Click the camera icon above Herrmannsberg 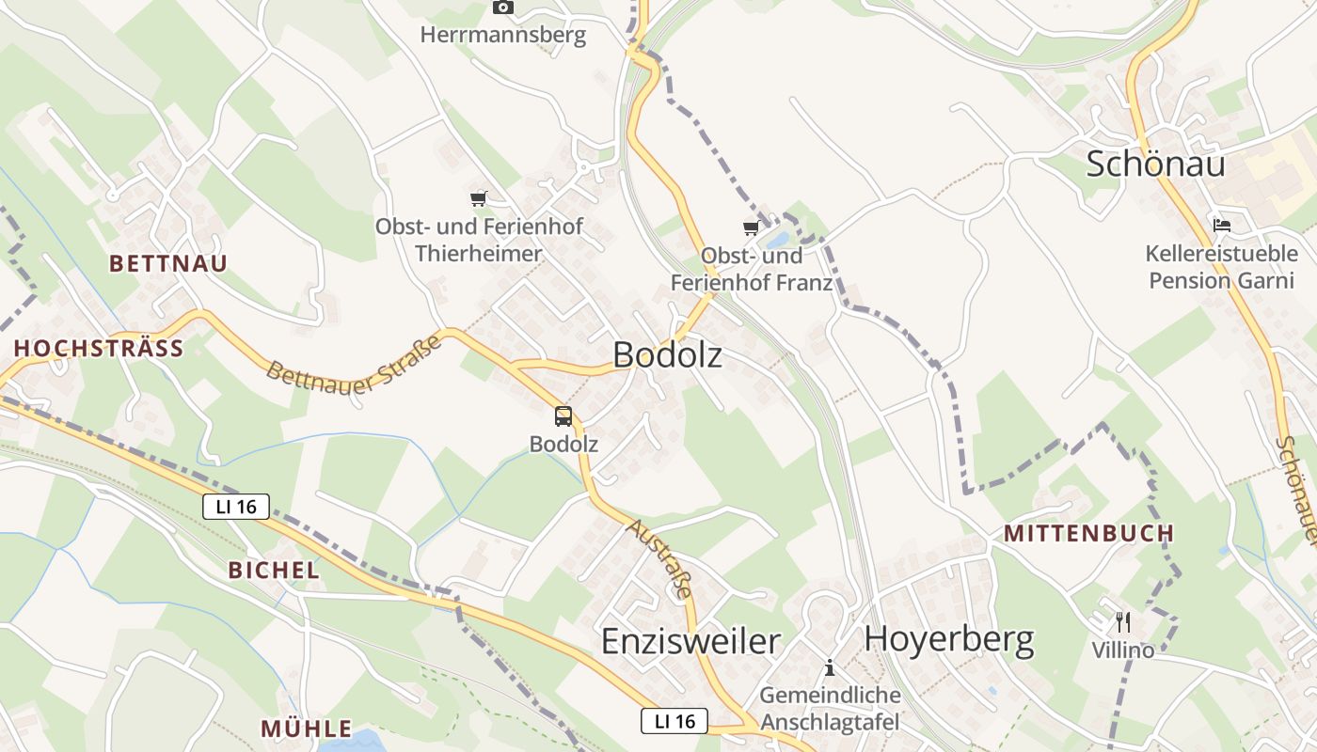pyautogui.click(x=503, y=8)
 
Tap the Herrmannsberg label pyautogui.click(x=503, y=36)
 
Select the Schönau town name pyautogui.click(x=1155, y=164)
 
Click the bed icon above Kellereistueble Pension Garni pyautogui.click(x=1222, y=225)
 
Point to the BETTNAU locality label pyautogui.click(x=168, y=263)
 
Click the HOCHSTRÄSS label pyautogui.click(x=99, y=349)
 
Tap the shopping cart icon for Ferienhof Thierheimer pyautogui.click(x=479, y=198)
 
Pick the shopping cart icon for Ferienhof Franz pyautogui.click(x=751, y=227)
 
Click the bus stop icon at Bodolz pyautogui.click(x=563, y=415)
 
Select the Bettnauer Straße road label pyautogui.click(x=354, y=362)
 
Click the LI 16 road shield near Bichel pyautogui.click(x=236, y=507)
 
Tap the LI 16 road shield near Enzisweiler pyautogui.click(x=674, y=721)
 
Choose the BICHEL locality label pyautogui.click(x=274, y=570)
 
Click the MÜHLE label pyautogui.click(x=307, y=728)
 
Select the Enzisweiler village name pyautogui.click(x=690, y=641)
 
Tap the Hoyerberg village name pyautogui.click(x=949, y=638)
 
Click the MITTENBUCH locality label pyautogui.click(x=1089, y=534)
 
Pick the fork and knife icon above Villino pyautogui.click(x=1121, y=621)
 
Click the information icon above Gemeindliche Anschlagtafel pyautogui.click(x=830, y=668)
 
